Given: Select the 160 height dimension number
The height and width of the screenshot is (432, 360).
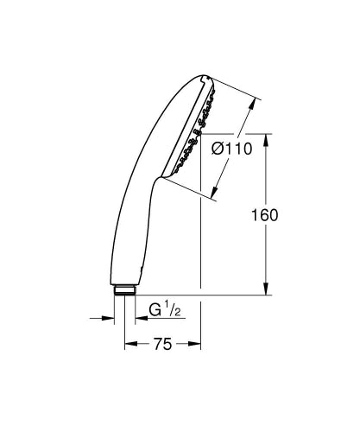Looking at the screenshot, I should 265,215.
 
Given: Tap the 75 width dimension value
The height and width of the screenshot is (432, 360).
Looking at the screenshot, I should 162,344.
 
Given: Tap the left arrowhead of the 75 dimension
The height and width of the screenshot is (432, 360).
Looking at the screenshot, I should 129,344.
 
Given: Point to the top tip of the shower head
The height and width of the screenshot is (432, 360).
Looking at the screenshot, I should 205,75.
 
